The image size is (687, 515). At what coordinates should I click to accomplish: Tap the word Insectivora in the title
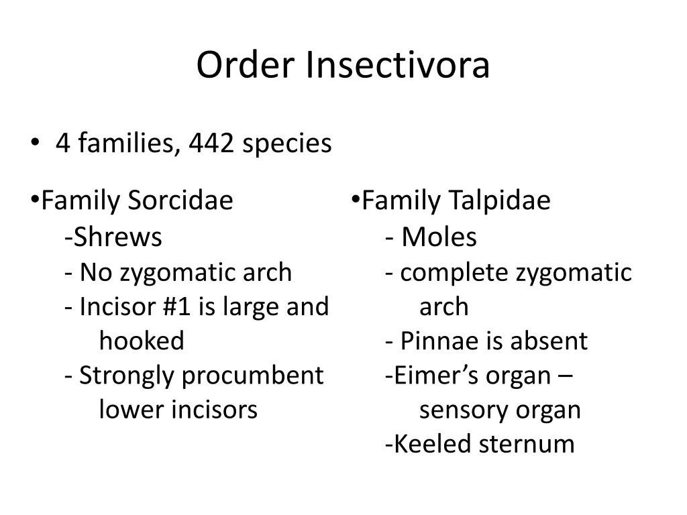click(399, 66)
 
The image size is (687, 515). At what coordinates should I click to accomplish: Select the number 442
click(211, 143)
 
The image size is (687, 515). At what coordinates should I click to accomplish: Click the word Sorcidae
click(181, 200)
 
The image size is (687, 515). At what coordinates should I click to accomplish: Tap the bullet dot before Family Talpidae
click(356, 199)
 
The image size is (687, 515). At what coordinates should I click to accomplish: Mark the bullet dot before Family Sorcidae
click(36, 199)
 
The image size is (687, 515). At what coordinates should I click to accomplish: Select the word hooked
click(142, 341)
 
